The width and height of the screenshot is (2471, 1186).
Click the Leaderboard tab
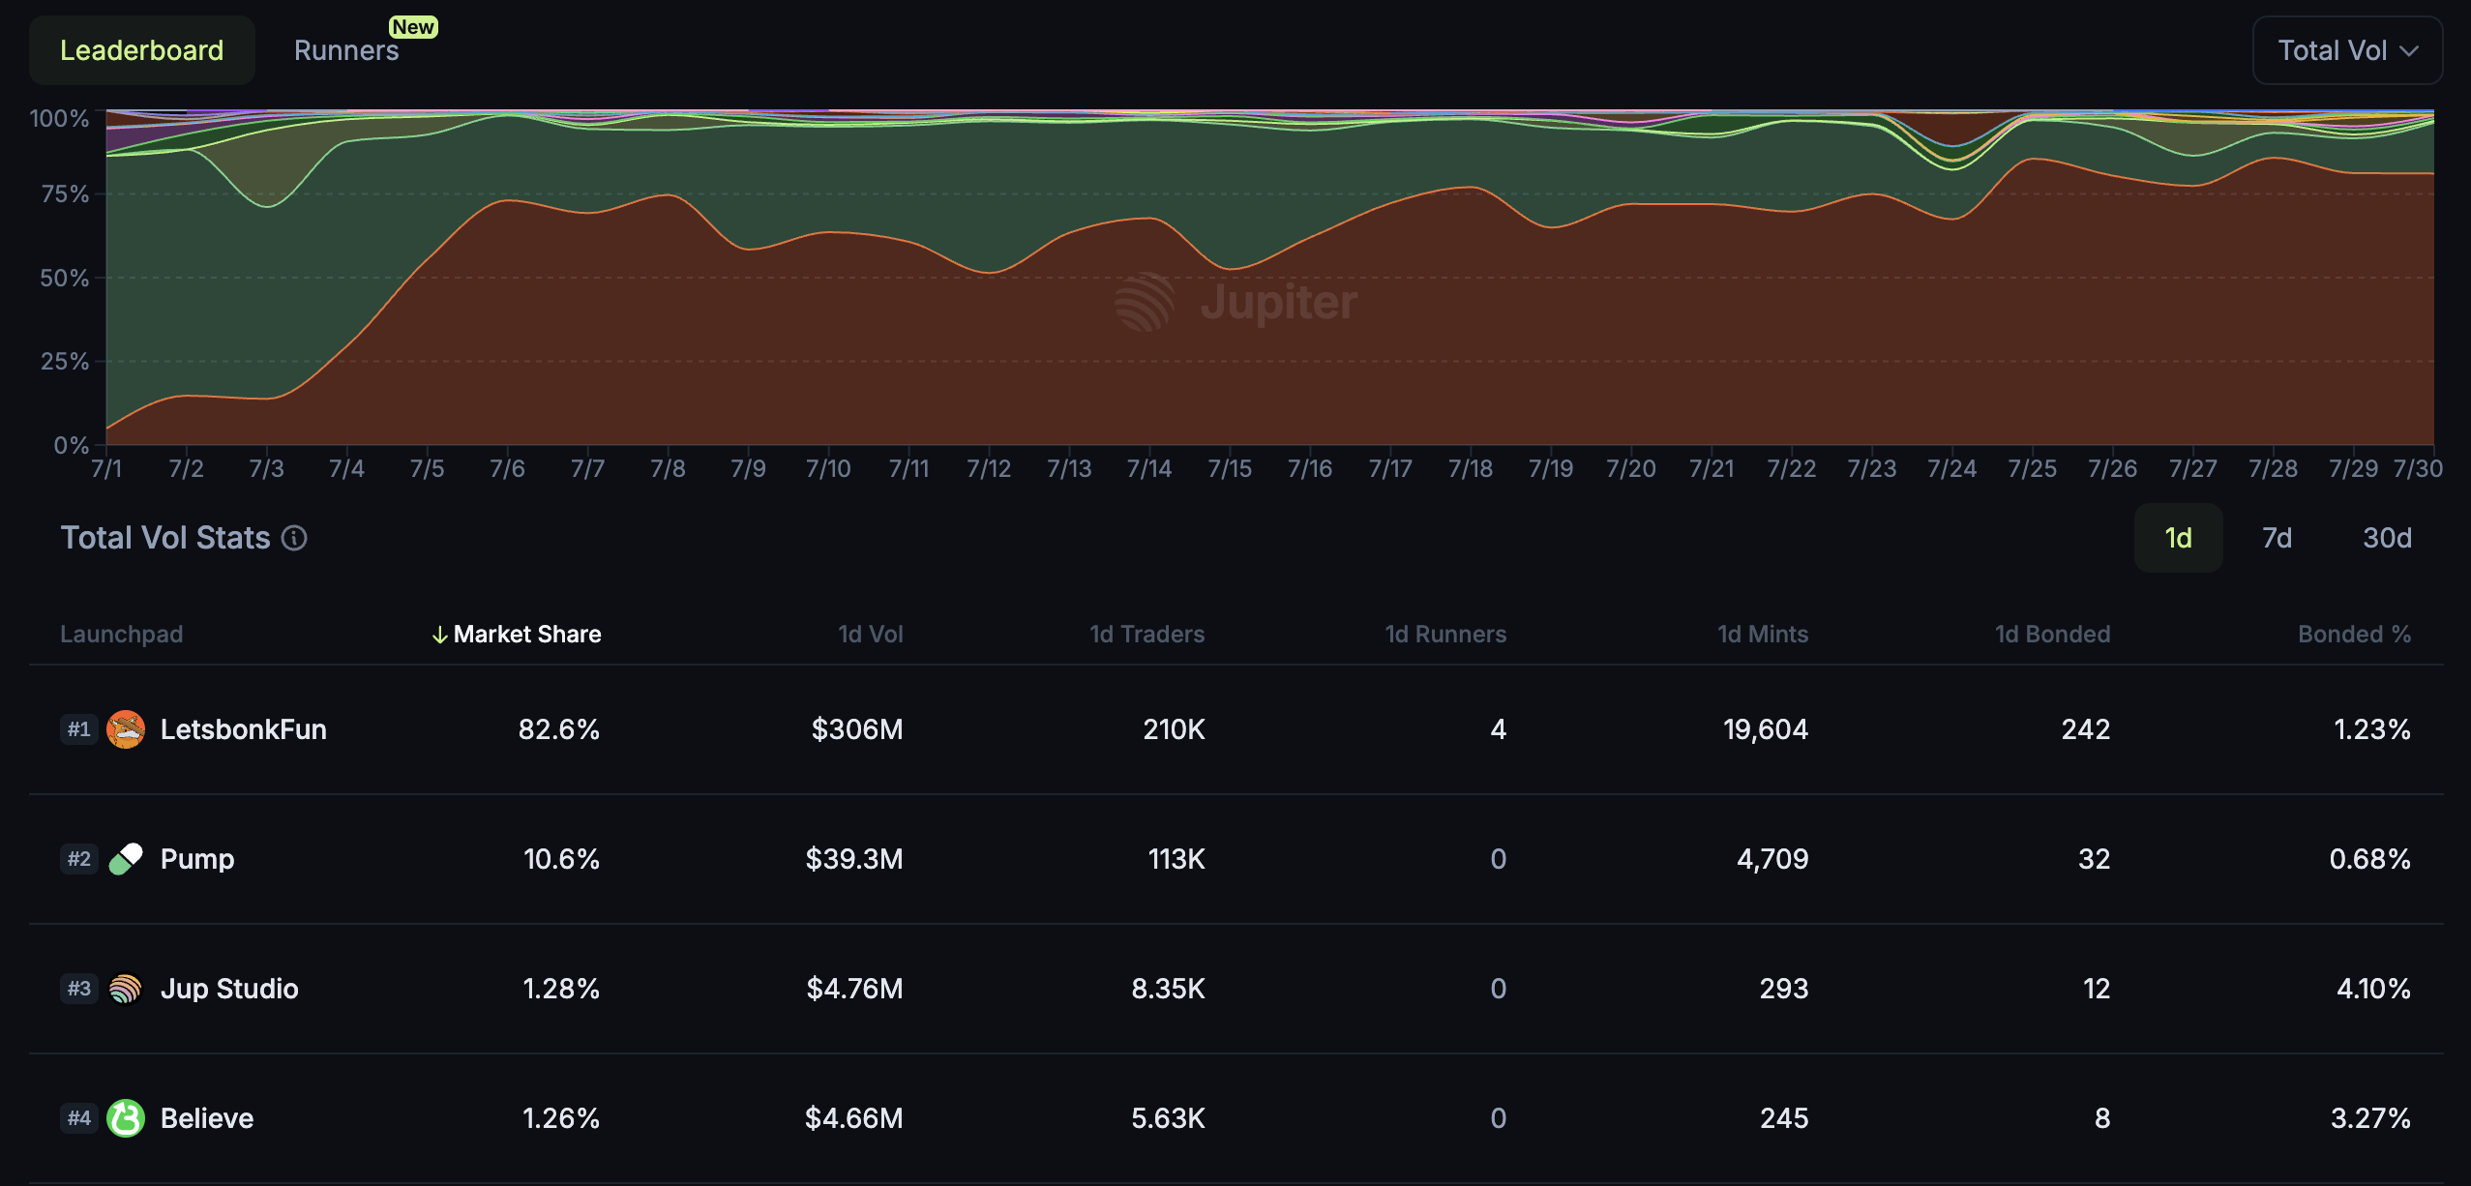141,50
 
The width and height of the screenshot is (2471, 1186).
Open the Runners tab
345,50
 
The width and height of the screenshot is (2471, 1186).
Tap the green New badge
413,27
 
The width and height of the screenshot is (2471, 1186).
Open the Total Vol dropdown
2346,50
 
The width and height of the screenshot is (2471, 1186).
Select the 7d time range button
2277,538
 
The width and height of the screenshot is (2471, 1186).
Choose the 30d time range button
2386,538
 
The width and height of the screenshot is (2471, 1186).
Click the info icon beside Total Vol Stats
294,538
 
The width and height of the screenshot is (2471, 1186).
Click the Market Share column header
526,635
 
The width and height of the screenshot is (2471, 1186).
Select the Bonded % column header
2353,635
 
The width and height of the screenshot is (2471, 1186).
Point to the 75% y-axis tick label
64,194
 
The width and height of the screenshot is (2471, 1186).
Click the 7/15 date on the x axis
1229,469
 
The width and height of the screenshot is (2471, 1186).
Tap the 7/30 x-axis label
2417,469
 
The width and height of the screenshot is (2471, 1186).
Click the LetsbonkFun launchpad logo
126,729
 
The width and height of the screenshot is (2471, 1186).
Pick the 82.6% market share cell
558,729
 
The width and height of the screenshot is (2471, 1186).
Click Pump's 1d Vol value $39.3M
853,859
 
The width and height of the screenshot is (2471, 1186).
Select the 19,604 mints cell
1765,729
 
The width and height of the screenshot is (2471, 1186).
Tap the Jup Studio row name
229,989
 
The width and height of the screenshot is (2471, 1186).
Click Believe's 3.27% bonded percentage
2369,1118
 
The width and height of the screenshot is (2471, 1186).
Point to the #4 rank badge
78,1118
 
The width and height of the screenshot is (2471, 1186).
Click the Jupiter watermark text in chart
1277,303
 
